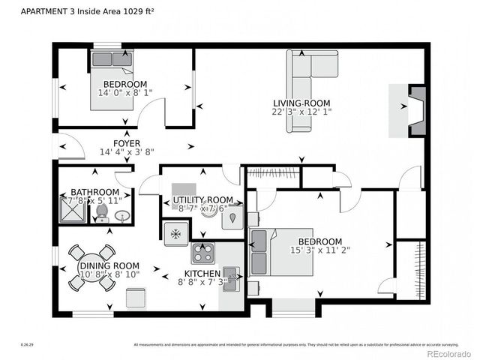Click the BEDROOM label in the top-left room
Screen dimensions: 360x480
pyautogui.click(x=125, y=84)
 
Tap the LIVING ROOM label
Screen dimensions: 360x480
pyautogui.click(x=302, y=103)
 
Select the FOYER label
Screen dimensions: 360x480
pyautogui.click(x=127, y=142)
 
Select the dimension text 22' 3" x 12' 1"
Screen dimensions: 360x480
pyautogui.click(x=302, y=112)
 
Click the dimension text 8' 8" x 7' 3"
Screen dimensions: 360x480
pyautogui.click(x=202, y=283)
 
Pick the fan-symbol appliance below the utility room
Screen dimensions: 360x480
pyautogui.click(x=176, y=233)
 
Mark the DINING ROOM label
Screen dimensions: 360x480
pyautogui.click(x=109, y=265)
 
